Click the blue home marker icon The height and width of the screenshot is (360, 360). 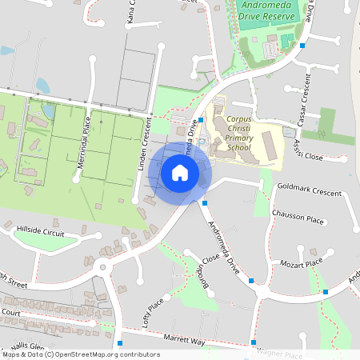click(180, 172)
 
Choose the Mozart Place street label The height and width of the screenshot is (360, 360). click(301, 262)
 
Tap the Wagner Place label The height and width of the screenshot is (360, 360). click(280, 354)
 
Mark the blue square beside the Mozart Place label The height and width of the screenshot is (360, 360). click(326, 291)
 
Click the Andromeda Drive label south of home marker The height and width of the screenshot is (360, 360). click(224, 245)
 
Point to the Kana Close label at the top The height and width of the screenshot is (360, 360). click(132, 11)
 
